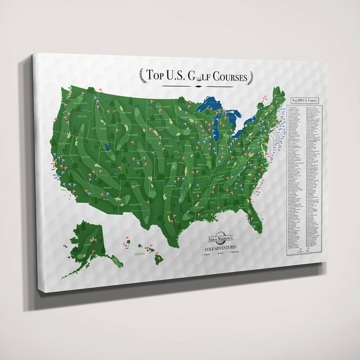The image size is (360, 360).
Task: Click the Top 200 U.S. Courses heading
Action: (x=304, y=100)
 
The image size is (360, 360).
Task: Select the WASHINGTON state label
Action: (x=80, y=103)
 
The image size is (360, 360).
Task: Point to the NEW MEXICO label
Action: (x=135, y=204)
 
